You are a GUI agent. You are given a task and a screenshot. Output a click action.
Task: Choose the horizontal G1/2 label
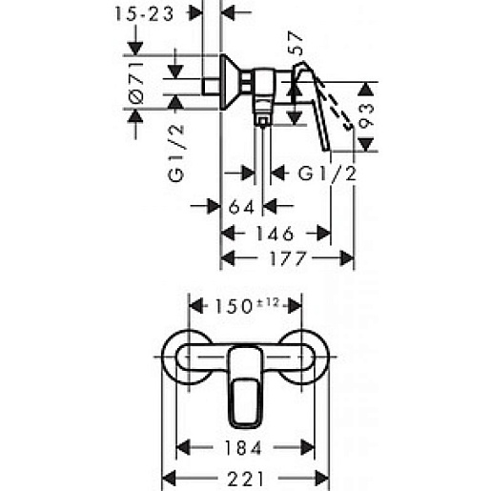(328, 174)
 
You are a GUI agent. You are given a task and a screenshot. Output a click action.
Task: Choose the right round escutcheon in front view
(307, 358)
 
